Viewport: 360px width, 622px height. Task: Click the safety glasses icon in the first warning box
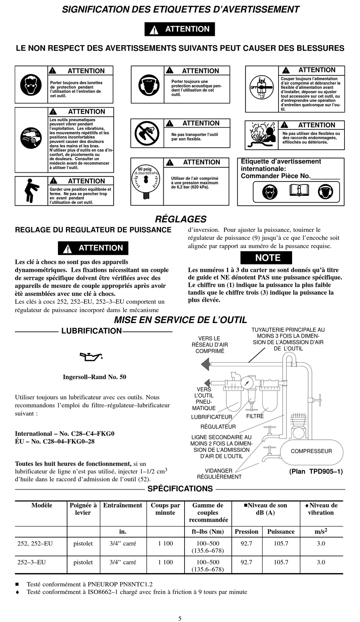pos(31,85)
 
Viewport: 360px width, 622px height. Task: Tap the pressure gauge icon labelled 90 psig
pos(145,181)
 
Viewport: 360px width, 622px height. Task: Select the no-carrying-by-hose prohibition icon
pos(147,133)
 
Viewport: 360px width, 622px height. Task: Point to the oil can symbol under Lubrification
pos(91,356)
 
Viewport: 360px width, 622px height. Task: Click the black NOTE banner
pos(266,258)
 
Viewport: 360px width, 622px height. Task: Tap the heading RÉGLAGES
pos(180,219)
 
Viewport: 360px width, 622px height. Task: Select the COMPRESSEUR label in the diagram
pos(311,451)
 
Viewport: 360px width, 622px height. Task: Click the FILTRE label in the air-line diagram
pos(255,416)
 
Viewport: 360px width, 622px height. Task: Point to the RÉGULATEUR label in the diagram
pos(218,427)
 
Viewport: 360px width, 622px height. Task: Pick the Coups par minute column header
pos(165,509)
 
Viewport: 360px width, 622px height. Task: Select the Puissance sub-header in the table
pos(281,532)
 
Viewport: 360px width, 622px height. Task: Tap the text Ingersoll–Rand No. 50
pos(94,377)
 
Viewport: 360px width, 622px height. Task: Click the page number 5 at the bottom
pos(180,618)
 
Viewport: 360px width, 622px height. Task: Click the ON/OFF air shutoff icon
pos(261,87)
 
